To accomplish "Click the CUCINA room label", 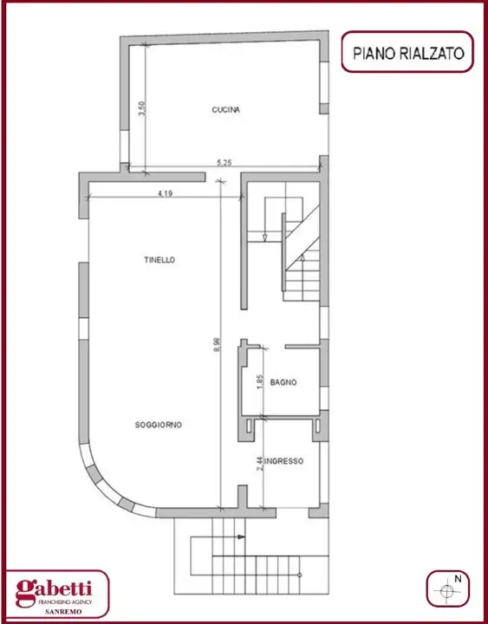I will tap(225, 110).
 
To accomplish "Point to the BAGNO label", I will tap(283, 382).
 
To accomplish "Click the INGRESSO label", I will tap(284, 462).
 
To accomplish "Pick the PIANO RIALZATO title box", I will tap(408, 53).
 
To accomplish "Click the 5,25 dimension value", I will tap(224, 162).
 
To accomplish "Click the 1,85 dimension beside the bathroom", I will tap(259, 381).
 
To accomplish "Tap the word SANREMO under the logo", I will tap(59, 612).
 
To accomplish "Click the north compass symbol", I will tap(447, 591).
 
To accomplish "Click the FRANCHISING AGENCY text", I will tap(59, 601).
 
